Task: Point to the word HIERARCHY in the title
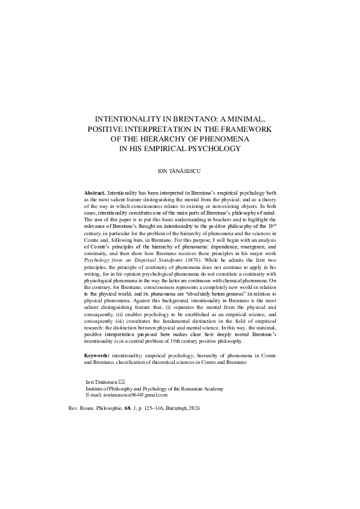click(x=168, y=138)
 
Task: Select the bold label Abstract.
click(x=95, y=192)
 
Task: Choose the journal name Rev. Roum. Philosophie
click(x=97, y=409)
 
